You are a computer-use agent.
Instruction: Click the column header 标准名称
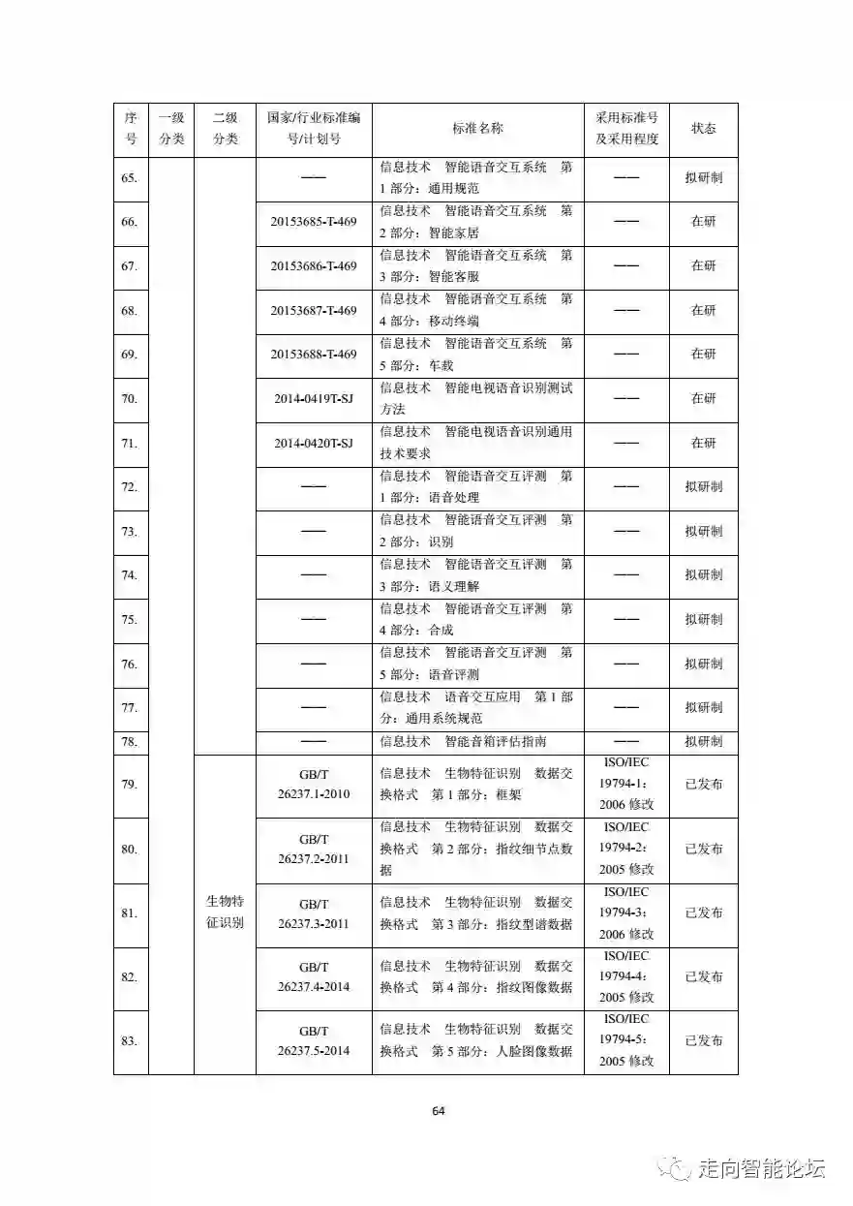pos(477,129)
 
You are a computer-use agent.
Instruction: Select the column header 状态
pos(703,129)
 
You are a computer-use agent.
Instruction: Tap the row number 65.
pos(130,178)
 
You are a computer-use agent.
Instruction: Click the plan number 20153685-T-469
pos(314,222)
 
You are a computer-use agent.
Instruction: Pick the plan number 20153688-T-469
pos(314,355)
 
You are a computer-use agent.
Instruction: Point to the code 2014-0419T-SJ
pos(314,398)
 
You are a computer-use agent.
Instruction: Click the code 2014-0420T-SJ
pos(314,443)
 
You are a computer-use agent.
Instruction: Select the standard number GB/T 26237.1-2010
pos(314,785)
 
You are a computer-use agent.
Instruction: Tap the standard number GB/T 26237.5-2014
pos(314,1040)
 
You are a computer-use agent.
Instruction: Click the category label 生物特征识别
pos(225,912)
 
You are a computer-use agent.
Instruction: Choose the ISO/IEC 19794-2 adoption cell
pos(625,849)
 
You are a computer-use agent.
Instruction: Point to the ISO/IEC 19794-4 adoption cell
pos(625,976)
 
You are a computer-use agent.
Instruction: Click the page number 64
pos(439,1111)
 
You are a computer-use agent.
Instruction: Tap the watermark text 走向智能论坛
pos(760,1169)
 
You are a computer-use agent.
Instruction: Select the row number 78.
pos(130,742)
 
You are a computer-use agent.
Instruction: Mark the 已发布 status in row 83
pos(703,1040)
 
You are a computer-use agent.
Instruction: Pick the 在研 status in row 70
pos(703,398)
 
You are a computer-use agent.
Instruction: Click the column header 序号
pos(131,129)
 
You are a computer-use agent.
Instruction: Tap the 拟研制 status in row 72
pos(703,486)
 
